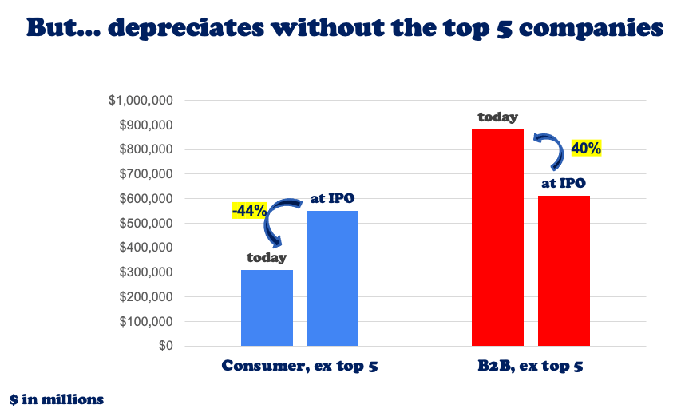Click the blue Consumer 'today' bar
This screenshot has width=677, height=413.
click(x=267, y=308)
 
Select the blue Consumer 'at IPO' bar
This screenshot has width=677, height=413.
click(x=332, y=278)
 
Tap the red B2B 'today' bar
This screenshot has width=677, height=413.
click(x=497, y=237)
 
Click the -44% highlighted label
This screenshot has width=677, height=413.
click(x=248, y=211)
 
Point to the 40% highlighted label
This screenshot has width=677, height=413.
click(x=585, y=148)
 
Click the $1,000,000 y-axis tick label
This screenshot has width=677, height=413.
click(x=141, y=101)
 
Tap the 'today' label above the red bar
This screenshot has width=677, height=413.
click(x=497, y=117)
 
